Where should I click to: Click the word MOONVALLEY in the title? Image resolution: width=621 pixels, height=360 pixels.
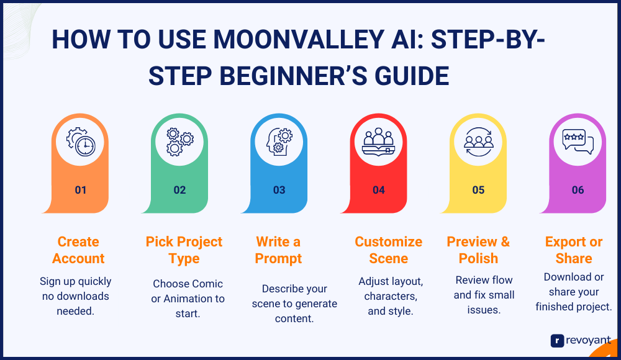pyautogui.click(x=299, y=40)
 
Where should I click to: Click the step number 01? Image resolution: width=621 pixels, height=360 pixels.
pyautogui.click(x=80, y=190)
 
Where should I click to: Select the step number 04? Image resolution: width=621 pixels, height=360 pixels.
pyautogui.click(x=379, y=190)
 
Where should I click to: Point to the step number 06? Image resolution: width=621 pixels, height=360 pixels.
pyautogui.click(x=578, y=190)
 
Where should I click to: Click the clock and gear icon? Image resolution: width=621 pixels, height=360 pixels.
pyautogui.click(x=81, y=142)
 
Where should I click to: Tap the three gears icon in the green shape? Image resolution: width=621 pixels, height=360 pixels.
pyautogui.click(x=180, y=142)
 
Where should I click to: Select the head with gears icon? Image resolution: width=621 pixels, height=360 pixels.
pyautogui.click(x=279, y=142)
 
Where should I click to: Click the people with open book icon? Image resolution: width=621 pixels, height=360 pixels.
pyautogui.click(x=379, y=142)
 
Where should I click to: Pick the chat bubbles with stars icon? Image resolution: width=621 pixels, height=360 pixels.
pyautogui.click(x=578, y=142)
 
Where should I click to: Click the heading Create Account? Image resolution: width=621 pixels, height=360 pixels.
pyautogui.click(x=78, y=250)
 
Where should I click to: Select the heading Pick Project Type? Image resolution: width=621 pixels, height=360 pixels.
pyautogui.click(x=184, y=250)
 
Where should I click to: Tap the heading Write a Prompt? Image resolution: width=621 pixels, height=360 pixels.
pyautogui.click(x=278, y=250)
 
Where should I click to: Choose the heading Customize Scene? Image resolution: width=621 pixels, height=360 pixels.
pyautogui.click(x=389, y=250)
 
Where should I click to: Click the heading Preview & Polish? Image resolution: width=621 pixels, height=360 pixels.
pyautogui.click(x=478, y=250)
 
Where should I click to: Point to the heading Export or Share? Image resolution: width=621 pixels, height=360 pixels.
pyautogui.click(x=574, y=250)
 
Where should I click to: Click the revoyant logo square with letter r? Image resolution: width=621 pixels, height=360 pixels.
pyautogui.click(x=557, y=341)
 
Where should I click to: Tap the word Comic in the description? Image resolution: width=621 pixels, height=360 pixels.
pyautogui.click(x=208, y=284)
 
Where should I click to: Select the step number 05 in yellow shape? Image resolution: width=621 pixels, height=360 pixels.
pyautogui.click(x=478, y=190)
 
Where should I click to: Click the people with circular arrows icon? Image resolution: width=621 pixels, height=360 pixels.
pyautogui.click(x=478, y=142)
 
